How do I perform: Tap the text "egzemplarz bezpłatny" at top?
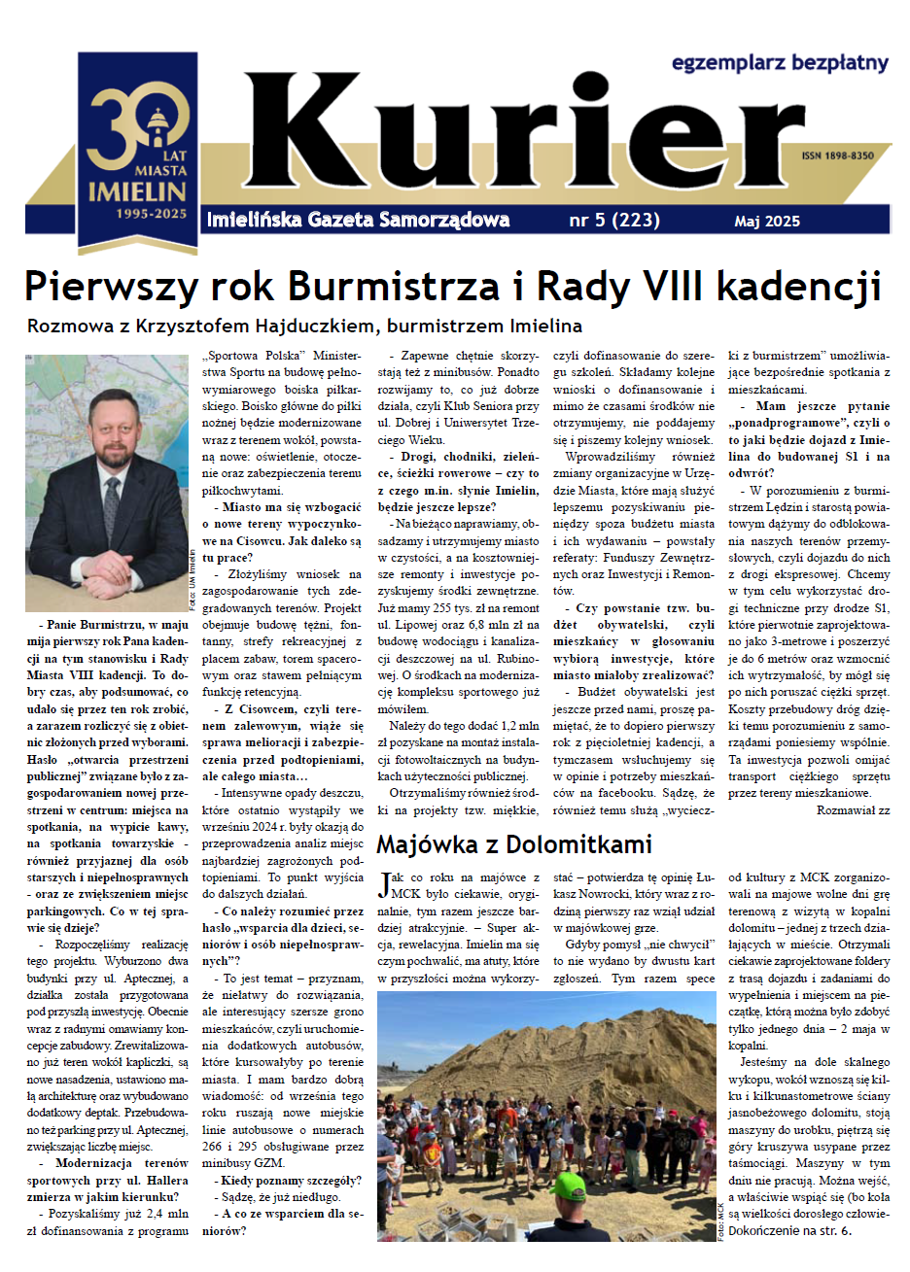[780, 63]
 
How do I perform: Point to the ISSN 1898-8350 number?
[837, 155]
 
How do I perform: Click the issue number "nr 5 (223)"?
[614, 221]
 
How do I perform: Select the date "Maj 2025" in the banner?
[767, 222]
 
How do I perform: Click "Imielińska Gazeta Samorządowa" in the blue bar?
[358, 220]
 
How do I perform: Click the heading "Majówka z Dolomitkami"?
[513, 843]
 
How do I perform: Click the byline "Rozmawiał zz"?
[853, 809]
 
